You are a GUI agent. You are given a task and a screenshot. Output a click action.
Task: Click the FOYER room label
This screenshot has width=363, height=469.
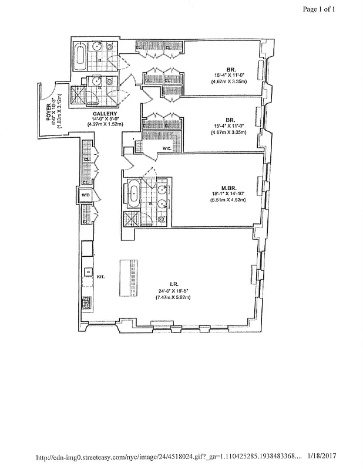click(x=50, y=110)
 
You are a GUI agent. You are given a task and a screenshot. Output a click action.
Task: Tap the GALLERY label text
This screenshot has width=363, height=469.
click(x=105, y=113)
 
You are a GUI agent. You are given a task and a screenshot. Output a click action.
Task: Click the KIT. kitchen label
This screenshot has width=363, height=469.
click(x=101, y=276)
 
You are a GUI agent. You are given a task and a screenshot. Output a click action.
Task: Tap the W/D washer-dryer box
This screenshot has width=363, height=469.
click(x=85, y=196)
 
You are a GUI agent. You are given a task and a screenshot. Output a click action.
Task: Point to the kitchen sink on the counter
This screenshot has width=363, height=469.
click(x=86, y=271)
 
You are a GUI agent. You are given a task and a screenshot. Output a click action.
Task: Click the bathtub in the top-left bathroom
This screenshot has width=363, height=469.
click(x=80, y=57)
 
